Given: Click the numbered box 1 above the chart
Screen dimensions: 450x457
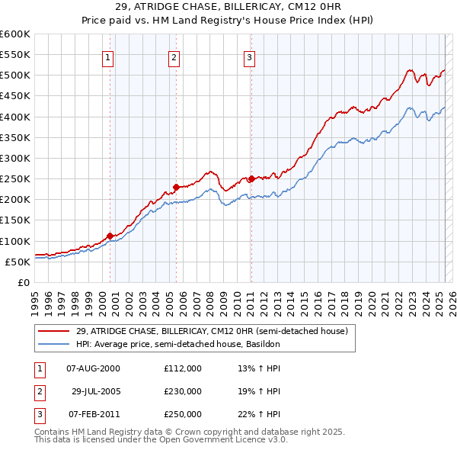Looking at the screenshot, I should (107, 57).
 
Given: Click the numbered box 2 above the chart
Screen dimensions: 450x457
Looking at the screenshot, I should (174, 57).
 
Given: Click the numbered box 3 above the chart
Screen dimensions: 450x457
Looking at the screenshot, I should (249, 57).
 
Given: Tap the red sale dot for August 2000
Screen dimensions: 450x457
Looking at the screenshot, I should (110, 236).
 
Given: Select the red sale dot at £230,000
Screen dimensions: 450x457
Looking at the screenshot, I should (176, 187).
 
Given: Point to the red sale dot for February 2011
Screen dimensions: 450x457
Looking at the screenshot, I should (251, 178).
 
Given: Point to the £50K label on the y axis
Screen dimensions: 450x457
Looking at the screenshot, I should (18, 262).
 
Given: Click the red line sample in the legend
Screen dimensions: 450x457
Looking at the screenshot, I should (54, 331).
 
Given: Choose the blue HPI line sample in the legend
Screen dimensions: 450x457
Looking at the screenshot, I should (54, 344).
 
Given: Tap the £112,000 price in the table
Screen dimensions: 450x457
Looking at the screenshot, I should (182, 368).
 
